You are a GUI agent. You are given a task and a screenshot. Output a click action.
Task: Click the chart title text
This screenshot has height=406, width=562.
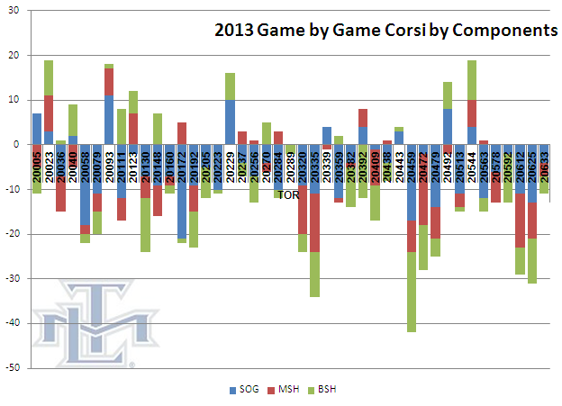point(385,32)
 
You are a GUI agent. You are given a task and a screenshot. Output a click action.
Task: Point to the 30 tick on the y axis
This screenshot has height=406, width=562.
point(15,11)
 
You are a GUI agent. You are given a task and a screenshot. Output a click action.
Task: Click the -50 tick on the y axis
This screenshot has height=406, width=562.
point(13,368)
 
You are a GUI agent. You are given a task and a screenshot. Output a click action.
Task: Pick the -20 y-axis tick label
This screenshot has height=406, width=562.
point(13,234)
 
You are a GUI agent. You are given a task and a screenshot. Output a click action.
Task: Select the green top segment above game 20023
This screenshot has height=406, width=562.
point(49,77)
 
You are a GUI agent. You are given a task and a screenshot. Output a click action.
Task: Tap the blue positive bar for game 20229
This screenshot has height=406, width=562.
point(231,122)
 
